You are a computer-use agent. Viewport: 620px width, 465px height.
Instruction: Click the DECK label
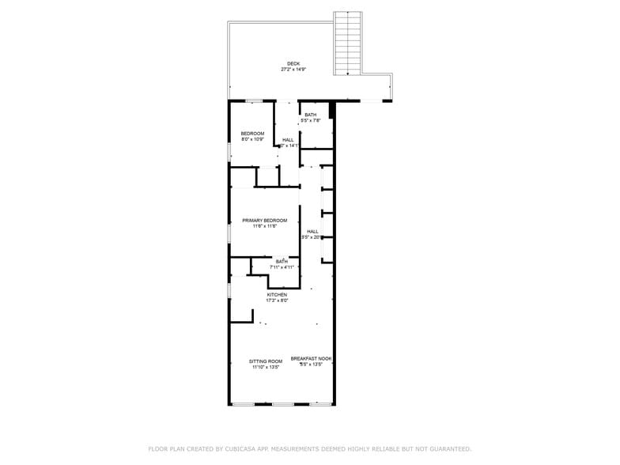point(293,64)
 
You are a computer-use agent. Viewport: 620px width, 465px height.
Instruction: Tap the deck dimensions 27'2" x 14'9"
point(293,70)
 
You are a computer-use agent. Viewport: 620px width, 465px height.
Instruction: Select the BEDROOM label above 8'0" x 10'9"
point(252,134)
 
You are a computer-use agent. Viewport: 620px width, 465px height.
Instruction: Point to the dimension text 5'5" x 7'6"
point(311,120)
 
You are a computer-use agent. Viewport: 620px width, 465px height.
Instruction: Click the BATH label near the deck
point(311,115)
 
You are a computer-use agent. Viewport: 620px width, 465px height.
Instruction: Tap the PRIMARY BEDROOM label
point(265,221)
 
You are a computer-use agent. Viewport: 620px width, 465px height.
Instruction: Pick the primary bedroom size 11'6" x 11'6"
point(265,226)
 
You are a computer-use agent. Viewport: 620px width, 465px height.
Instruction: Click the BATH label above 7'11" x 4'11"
point(282,262)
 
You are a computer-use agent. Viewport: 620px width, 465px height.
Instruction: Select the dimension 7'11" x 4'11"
point(282,267)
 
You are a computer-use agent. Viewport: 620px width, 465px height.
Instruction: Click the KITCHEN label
point(277,295)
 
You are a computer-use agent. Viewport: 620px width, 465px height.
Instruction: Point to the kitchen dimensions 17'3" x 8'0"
point(277,301)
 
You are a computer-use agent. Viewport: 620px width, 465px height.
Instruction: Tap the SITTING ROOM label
point(267,361)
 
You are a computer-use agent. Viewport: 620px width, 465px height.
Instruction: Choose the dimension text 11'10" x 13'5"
point(267,367)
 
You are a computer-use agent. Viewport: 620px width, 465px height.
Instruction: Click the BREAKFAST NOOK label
point(311,359)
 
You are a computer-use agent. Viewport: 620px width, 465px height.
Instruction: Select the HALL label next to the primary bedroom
point(312,232)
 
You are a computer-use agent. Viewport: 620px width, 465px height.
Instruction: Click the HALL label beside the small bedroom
point(288,140)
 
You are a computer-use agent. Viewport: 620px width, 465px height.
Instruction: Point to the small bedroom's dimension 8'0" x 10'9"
point(252,139)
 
